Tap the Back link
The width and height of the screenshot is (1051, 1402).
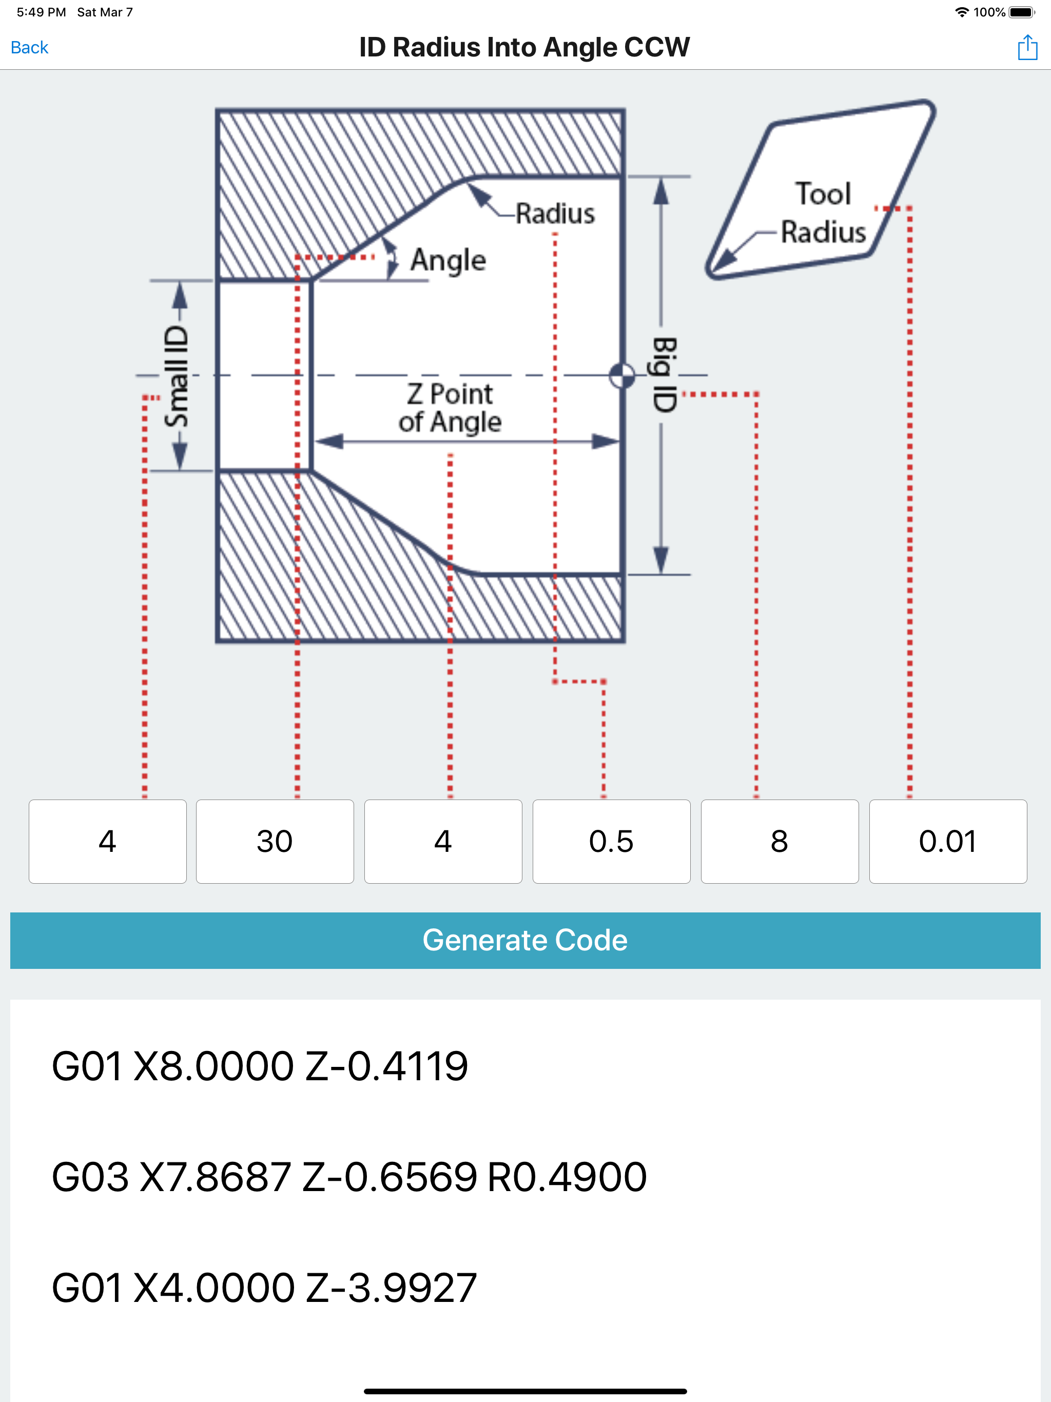tap(29, 48)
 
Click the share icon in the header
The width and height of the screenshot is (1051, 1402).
tap(1027, 48)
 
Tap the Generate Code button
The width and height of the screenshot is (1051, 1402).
tap(525, 940)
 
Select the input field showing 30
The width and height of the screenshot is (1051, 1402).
tap(275, 841)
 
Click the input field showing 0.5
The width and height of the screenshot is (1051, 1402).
tap(611, 841)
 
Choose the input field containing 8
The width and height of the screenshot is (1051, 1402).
tap(780, 841)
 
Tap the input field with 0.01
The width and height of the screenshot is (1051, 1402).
tap(948, 841)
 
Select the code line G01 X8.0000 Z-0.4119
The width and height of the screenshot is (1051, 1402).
tap(260, 1065)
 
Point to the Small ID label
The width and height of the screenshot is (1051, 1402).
tap(177, 377)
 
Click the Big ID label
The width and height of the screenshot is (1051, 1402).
tap(665, 375)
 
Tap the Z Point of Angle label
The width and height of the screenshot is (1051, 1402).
tap(450, 408)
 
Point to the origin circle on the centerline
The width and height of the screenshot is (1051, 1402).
tap(622, 375)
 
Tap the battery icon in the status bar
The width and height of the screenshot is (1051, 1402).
tap(1022, 12)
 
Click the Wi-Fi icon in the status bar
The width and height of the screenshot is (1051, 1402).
tap(962, 12)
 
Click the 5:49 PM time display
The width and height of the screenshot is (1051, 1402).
tap(41, 12)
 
